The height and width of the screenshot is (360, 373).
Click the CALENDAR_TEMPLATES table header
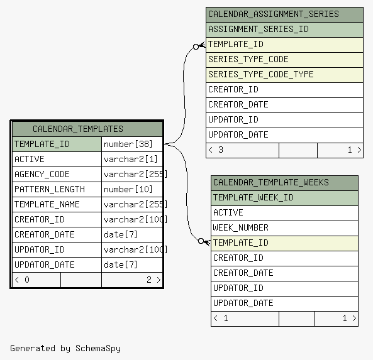[87, 129]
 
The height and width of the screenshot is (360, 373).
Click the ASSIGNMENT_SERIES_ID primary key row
[284, 30]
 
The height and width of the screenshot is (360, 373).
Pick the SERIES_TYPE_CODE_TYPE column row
[284, 75]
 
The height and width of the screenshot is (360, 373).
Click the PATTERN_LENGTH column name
[50, 189]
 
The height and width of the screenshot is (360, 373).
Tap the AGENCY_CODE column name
[42, 174]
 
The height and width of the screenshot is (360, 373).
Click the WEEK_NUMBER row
[284, 228]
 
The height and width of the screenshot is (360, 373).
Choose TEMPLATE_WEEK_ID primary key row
[284, 198]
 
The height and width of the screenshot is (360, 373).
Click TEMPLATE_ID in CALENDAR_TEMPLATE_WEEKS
[284, 243]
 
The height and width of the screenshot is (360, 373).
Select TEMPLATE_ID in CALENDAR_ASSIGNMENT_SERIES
[284, 45]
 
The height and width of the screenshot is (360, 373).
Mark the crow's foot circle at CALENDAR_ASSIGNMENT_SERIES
[196, 47]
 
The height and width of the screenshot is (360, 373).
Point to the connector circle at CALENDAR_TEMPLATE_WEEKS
[201, 241]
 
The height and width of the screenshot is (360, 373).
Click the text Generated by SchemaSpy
[65, 348]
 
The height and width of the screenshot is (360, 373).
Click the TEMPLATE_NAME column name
[47, 204]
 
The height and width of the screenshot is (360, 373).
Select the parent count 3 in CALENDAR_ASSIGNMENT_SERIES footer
[221, 150]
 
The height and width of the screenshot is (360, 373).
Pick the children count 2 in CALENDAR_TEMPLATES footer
[149, 280]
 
